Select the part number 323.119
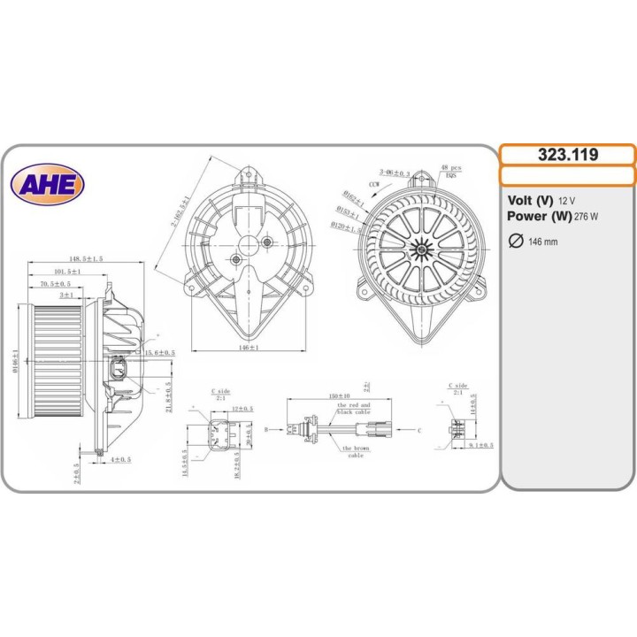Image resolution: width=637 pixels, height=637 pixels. (567, 155)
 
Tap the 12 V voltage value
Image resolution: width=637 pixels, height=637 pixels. (566, 201)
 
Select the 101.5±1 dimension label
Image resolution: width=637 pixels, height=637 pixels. (66, 272)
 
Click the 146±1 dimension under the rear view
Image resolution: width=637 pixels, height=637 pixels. (248, 349)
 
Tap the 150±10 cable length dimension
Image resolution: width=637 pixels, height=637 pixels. (338, 395)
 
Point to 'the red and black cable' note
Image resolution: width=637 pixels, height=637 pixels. (355, 408)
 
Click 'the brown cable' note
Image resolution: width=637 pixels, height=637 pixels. (355, 451)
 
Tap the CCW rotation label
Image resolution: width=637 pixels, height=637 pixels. (375, 183)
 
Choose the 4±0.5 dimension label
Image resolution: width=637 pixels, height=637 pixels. (121, 459)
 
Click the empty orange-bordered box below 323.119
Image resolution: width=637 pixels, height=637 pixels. (567, 175)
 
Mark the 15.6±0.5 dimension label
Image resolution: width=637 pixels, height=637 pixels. (160, 352)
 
